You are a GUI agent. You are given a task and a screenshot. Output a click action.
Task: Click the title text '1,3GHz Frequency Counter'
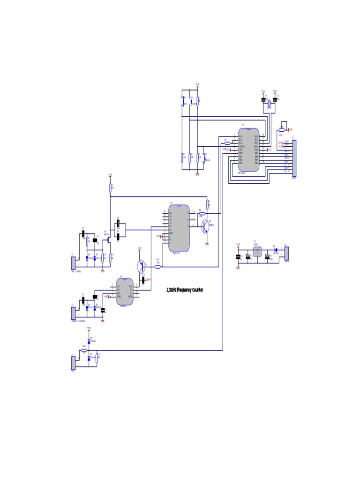click(185, 290)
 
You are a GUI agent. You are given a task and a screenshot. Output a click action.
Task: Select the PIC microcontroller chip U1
click(248, 150)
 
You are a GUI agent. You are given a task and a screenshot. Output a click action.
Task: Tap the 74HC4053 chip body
click(179, 228)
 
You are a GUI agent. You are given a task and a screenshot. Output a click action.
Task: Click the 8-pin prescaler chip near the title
click(125, 292)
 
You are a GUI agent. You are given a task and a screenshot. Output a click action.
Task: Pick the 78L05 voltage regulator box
click(257, 251)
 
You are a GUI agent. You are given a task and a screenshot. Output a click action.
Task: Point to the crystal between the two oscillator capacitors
click(269, 103)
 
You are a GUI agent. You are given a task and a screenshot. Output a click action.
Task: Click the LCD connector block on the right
click(294, 158)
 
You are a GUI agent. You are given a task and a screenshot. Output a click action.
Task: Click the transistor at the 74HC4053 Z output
click(205, 226)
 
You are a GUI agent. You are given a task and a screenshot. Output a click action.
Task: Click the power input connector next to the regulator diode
click(286, 253)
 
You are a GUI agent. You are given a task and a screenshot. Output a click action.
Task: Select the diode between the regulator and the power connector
click(275, 250)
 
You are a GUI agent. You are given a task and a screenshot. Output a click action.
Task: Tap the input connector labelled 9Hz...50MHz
click(73, 262)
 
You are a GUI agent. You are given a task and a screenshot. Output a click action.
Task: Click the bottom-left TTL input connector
click(73, 363)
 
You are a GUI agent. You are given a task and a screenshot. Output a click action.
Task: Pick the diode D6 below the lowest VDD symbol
click(89, 342)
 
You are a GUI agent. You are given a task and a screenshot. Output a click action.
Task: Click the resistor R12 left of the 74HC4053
click(157, 267)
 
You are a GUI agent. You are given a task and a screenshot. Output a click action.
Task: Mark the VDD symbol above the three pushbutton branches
click(197, 85)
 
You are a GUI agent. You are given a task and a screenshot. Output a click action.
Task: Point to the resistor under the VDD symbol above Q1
click(111, 188)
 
